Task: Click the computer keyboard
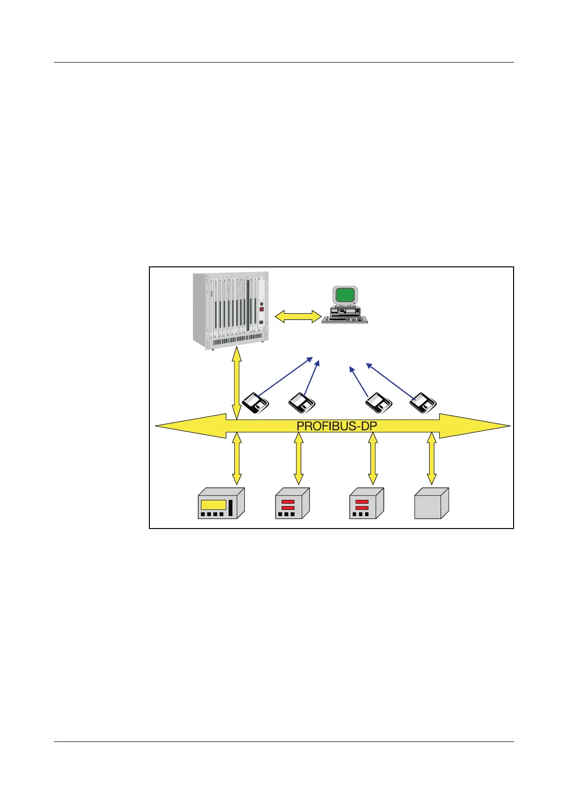click(345, 320)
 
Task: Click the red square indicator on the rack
click(261, 309)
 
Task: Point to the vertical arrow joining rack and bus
click(236, 384)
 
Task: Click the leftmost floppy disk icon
click(256, 403)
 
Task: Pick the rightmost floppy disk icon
click(423, 402)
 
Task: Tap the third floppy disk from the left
click(379, 403)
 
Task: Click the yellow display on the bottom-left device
click(213, 505)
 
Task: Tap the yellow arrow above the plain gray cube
click(431, 458)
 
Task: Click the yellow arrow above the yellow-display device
click(236, 458)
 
